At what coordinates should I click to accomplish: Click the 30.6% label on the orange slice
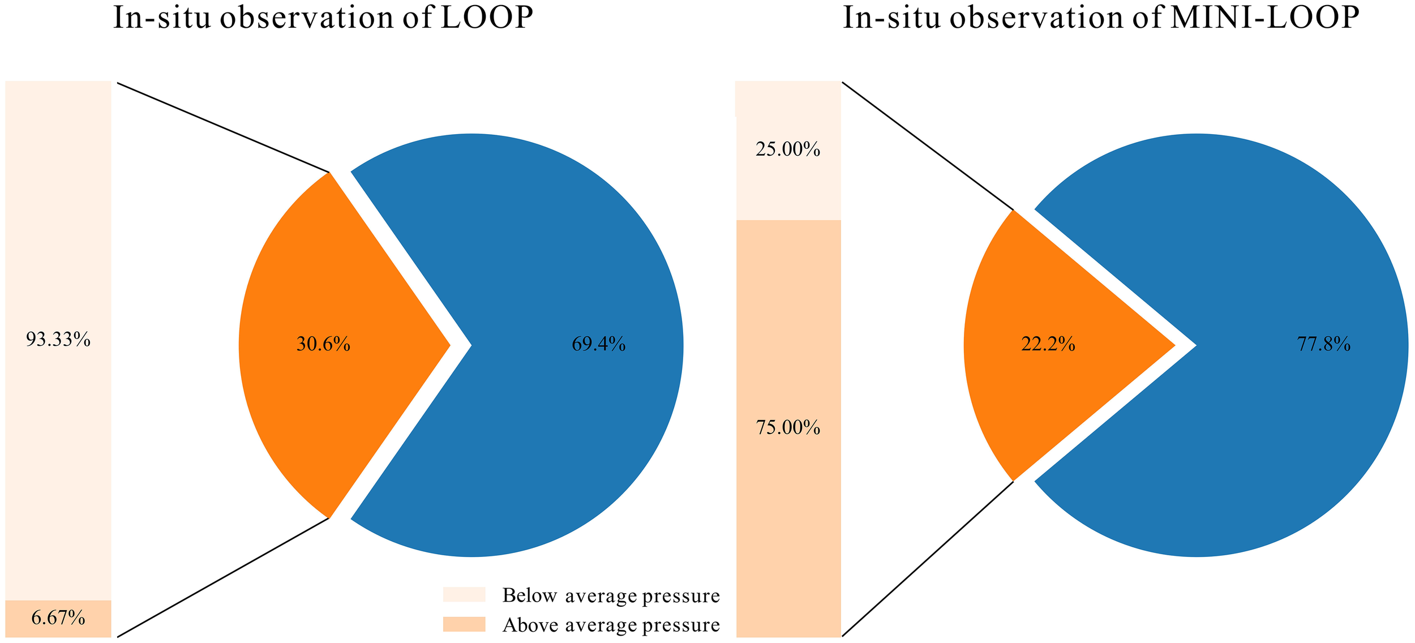pyautogui.click(x=323, y=344)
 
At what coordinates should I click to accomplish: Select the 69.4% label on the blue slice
pyautogui.click(x=598, y=344)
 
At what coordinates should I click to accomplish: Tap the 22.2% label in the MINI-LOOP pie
pyautogui.click(x=1048, y=344)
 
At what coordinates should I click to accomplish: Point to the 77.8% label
pyautogui.click(x=1323, y=344)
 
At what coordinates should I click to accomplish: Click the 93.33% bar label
pyautogui.click(x=58, y=340)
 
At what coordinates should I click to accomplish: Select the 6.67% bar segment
pyautogui.click(x=58, y=618)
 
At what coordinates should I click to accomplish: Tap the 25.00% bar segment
pyautogui.click(x=788, y=150)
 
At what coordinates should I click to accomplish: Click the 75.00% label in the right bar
pyautogui.click(x=788, y=428)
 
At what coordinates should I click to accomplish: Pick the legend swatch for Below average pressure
pyautogui.click(x=464, y=595)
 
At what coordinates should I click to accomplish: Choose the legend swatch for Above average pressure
pyautogui.click(x=464, y=624)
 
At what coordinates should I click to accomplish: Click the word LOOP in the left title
pyautogui.click(x=487, y=18)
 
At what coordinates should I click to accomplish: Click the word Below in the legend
pyautogui.click(x=530, y=595)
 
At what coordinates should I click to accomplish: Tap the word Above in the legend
pyautogui.click(x=530, y=625)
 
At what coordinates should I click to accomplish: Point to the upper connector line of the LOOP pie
pyautogui.click(x=223, y=127)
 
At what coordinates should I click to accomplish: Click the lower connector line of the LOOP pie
pyautogui.click(x=223, y=577)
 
